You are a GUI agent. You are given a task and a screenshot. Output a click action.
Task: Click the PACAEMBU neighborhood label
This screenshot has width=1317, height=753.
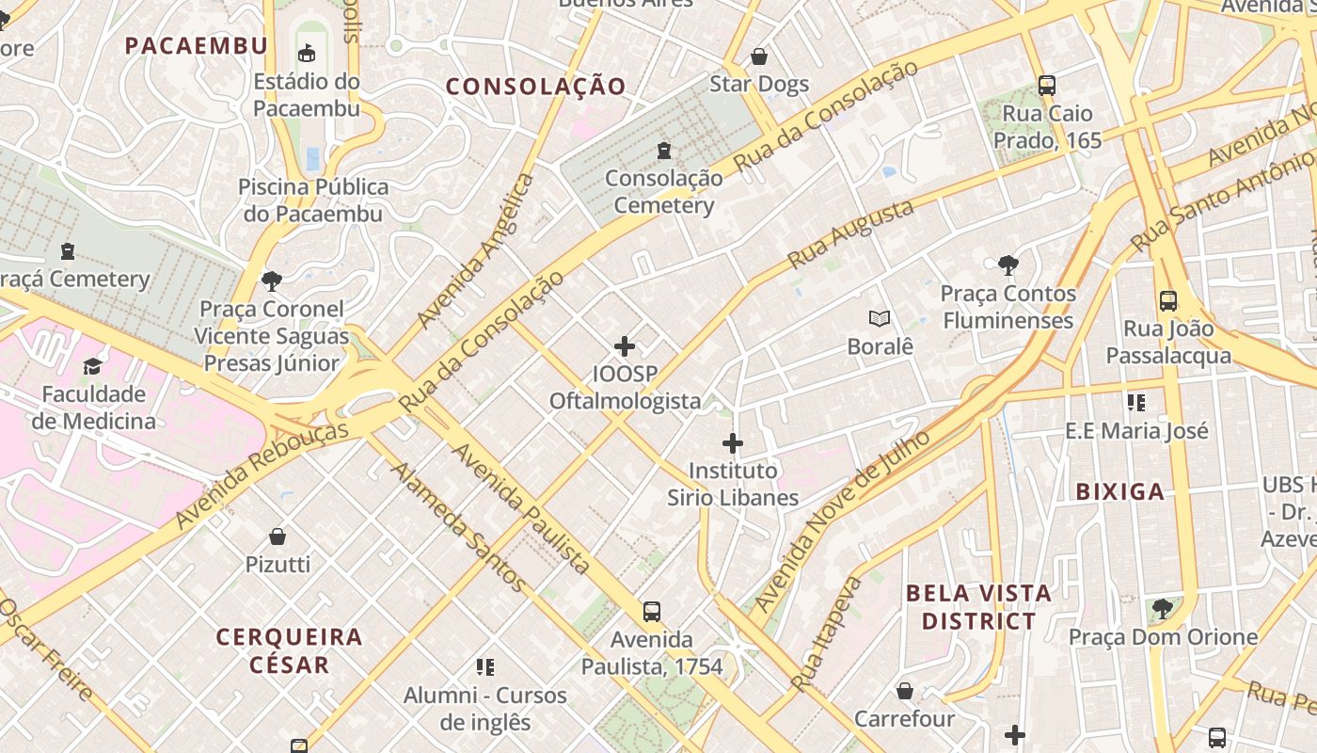click(x=196, y=45)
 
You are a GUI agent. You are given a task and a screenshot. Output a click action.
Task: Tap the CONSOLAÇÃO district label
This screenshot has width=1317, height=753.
click(x=535, y=87)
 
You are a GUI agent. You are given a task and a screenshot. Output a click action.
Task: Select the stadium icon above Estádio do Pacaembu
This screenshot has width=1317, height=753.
click(x=307, y=53)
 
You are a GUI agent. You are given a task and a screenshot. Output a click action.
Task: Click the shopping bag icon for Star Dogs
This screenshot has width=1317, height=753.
click(x=759, y=56)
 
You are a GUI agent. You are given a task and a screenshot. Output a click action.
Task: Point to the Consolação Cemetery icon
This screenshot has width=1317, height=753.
click(x=664, y=151)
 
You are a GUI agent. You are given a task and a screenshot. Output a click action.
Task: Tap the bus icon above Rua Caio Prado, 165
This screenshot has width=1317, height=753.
click(x=1047, y=86)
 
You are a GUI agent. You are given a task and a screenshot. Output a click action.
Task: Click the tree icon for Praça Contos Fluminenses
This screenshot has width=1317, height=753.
click(x=1008, y=265)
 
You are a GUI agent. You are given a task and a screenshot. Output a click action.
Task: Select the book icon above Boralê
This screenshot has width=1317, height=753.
click(x=880, y=319)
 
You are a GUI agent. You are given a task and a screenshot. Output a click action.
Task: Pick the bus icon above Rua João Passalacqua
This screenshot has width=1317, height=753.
click(x=1168, y=301)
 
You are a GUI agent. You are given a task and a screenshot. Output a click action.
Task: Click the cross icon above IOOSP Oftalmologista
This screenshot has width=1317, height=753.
click(x=625, y=346)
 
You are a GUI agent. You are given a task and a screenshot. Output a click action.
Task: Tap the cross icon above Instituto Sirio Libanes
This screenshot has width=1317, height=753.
click(x=733, y=442)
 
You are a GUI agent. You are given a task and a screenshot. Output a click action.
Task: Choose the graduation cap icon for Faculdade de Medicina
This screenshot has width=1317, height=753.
click(x=93, y=366)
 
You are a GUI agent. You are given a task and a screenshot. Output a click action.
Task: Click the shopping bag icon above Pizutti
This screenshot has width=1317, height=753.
click(x=278, y=537)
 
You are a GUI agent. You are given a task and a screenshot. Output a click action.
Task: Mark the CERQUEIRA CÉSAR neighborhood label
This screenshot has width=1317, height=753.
click(x=289, y=650)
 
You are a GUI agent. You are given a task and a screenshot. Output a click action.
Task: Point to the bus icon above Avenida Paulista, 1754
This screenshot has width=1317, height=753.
click(x=652, y=612)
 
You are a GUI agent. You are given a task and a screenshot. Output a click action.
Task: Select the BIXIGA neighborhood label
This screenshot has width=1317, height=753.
click(x=1119, y=491)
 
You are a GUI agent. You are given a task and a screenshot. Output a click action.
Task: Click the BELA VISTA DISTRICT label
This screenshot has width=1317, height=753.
click(x=978, y=607)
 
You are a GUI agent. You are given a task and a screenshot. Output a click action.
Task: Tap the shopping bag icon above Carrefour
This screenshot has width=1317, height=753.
click(x=904, y=692)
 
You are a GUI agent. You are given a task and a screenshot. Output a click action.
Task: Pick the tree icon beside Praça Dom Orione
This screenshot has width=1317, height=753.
click(x=1163, y=609)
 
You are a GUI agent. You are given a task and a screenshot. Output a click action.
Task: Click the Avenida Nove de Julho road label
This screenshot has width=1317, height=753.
click(x=842, y=521)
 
